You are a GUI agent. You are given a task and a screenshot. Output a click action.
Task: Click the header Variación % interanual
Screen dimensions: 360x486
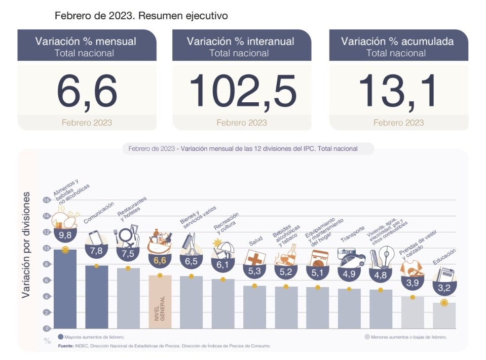coord(241,42)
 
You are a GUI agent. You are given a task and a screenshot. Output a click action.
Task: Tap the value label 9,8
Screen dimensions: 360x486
coord(65,235)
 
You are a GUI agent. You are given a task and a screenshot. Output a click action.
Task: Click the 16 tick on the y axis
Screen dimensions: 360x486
coord(46,200)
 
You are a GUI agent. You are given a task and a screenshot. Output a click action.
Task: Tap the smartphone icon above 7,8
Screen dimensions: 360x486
coord(96,239)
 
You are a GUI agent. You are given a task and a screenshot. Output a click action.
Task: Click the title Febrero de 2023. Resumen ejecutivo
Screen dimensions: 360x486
coord(141,16)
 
